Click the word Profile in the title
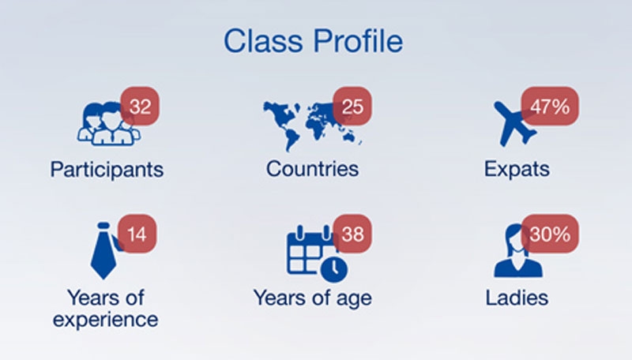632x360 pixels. click(358, 41)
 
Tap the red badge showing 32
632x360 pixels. click(140, 107)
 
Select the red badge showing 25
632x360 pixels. click(352, 107)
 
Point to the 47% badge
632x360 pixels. click(550, 107)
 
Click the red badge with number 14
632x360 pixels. click(137, 234)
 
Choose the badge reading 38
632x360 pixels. click(352, 234)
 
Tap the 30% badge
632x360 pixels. click(550, 234)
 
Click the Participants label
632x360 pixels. click(107, 170)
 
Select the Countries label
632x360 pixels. click(312, 168)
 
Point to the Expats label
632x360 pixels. click(517, 169)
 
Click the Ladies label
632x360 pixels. click(517, 298)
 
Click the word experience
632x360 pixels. click(106, 321)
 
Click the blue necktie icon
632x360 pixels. click(104, 250)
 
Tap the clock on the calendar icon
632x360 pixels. click(334, 268)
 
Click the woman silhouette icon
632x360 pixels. click(517, 250)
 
